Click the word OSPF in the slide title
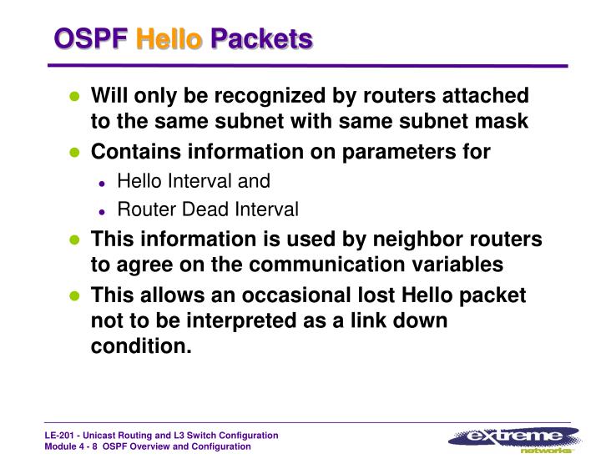[90, 39]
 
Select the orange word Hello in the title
[169, 39]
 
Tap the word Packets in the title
[261, 39]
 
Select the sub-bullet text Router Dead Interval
[208, 209]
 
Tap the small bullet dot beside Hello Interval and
[102, 182]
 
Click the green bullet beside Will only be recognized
[74, 96]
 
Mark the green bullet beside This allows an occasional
[74, 296]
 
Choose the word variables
[452, 265]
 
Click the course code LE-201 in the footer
[61, 436]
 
